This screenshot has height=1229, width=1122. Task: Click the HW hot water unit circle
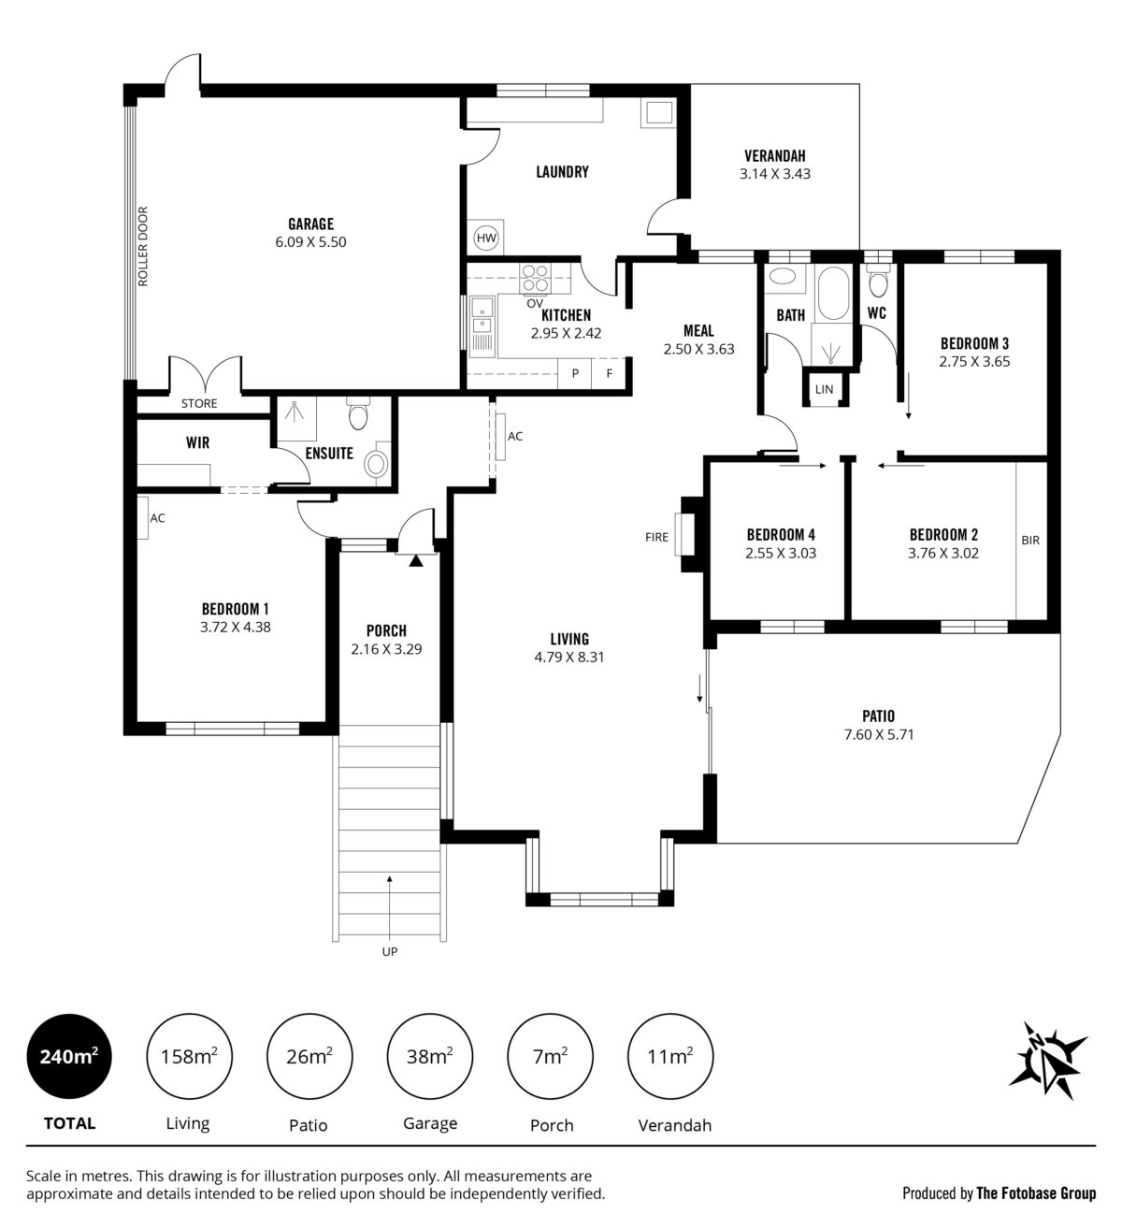point(486,238)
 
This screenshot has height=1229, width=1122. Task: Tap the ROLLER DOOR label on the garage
point(143,246)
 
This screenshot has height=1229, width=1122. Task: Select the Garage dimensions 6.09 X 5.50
point(310,242)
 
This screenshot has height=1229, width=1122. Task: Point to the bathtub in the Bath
point(833,293)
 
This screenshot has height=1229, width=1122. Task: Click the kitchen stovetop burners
point(535,278)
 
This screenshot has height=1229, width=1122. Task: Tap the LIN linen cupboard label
point(825,389)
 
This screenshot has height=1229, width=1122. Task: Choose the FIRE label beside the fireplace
point(656,537)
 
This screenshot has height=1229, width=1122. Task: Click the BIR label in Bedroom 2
point(1030,541)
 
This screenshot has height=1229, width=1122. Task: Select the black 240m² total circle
point(68,1056)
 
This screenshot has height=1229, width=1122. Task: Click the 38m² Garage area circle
point(429,1056)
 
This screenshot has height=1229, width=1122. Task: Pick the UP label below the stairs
point(390,951)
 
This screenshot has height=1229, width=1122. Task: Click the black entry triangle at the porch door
point(416,560)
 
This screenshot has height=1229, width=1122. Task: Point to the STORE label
point(199,403)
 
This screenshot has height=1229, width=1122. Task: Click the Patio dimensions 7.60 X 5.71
point(879,734)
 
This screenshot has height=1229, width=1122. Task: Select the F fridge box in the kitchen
point(609,372)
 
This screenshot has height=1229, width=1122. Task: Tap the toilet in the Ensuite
point(358,412)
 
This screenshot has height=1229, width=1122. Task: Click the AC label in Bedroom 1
point(157,518)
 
